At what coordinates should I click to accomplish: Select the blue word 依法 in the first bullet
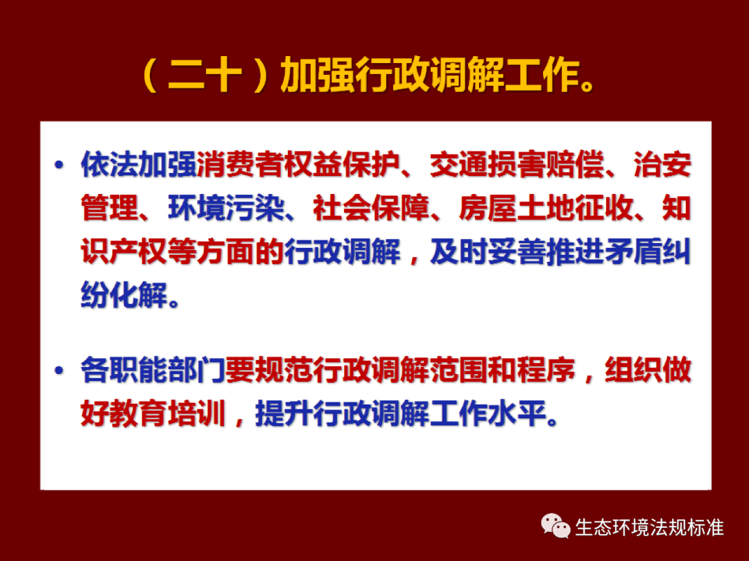pos(110,165)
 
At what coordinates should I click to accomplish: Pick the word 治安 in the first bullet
pos(662,165)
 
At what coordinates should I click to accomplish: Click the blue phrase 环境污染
pos(226,208)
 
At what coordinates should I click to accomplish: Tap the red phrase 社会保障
pos(371,208)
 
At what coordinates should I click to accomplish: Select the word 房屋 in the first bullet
pos(488,208)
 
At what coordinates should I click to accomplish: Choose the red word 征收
pos(604,208)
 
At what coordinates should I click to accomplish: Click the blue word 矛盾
pos(633,252)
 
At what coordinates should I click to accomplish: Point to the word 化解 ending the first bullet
pos(139,295)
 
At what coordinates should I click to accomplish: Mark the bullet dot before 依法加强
pos(59,165)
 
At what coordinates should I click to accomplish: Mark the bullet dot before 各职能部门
pos(59,370)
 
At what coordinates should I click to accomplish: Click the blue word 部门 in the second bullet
pos(197,370)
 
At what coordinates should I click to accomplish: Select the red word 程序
pos(546,370)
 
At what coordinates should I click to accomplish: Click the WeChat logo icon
pos(556,526)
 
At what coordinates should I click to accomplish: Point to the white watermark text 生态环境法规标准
pos(650,528)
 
